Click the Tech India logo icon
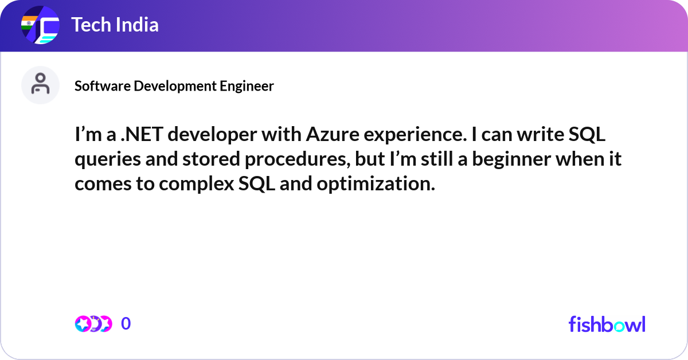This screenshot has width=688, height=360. (x=40, y=26)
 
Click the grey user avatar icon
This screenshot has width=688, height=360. (x=40, y=85)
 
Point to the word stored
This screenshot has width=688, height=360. (x=206, y=160)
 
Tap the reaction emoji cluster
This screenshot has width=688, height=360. (x=93, y=324)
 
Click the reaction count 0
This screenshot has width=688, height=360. (x=126, y=324)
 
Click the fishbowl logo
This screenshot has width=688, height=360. (x=607, y=324)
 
